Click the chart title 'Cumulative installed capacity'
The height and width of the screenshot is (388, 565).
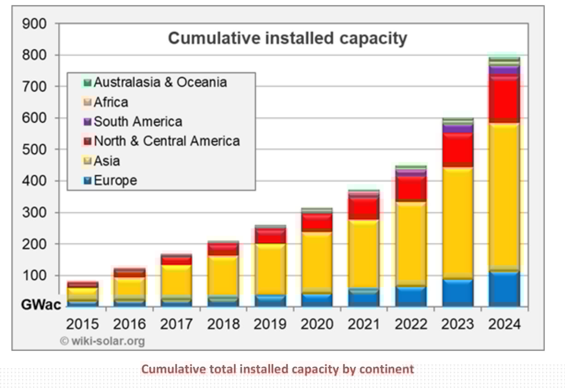pyautogui.click(x=287, y=38)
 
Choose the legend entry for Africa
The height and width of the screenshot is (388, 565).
pyautogui.click(x=111, y=102)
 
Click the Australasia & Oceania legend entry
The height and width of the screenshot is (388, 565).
pyautogui.click(x=160, y=82)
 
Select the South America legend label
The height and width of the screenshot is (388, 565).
pyautogui.click(x=137, y=122)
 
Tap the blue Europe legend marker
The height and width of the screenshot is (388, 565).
pyautogui.click(x=87, y=180)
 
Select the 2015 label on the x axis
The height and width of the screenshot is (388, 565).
pyautogui.click(x=83, y=324)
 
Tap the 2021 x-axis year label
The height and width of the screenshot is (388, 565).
pyautogui.click(x=364, y=324)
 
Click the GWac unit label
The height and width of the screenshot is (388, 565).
pyautogui.click(x=41, y=305)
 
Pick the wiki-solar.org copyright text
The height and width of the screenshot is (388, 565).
pyautogui.click(x=102, y=342)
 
